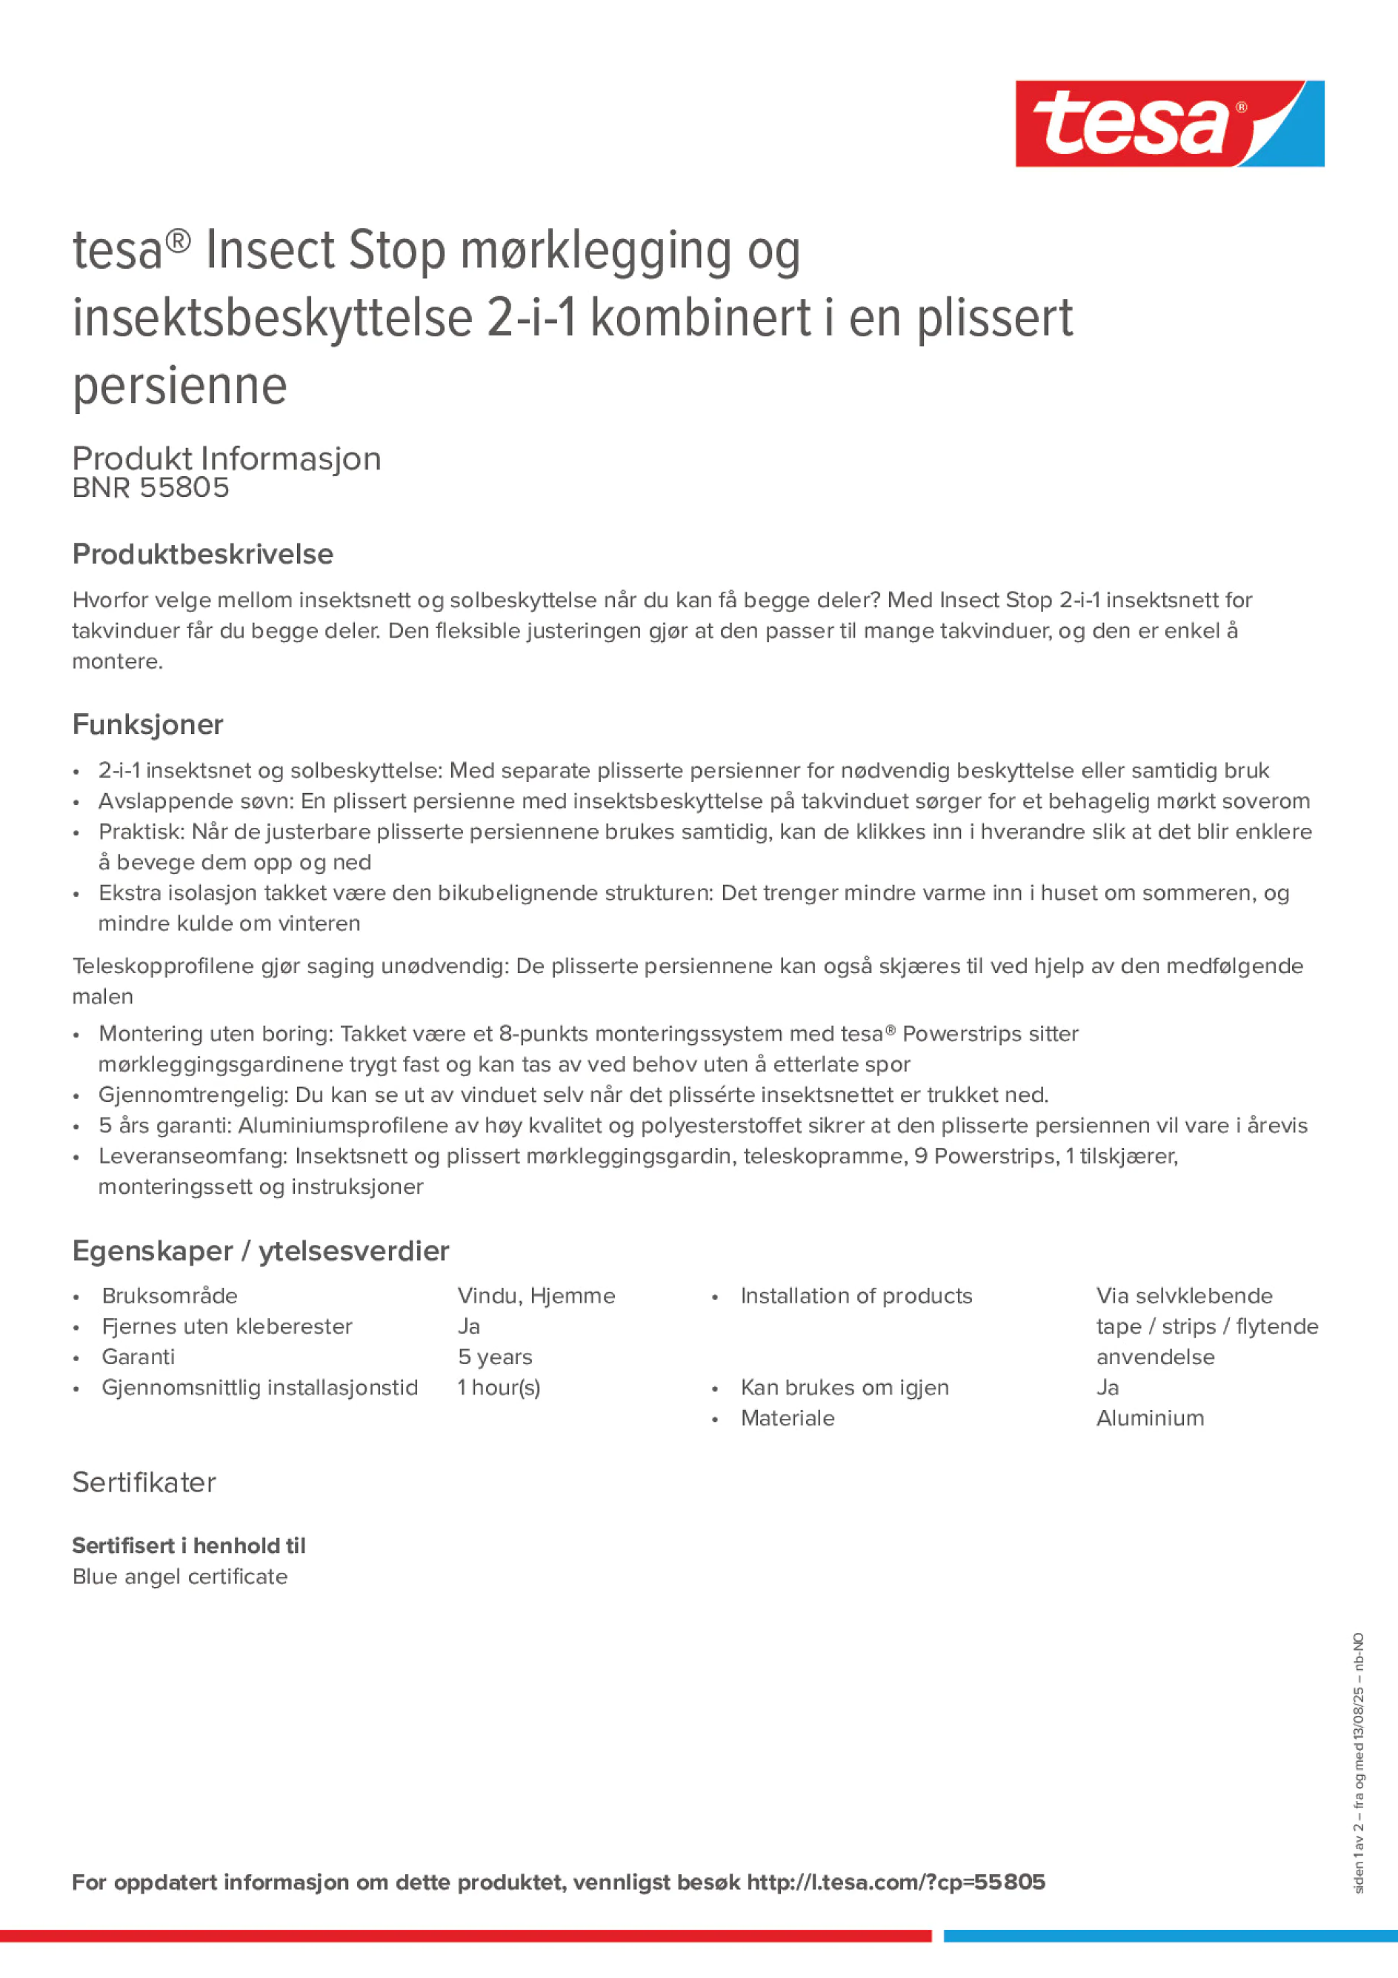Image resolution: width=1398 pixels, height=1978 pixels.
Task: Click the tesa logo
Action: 1169,123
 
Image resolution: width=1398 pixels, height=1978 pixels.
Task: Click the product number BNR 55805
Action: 151,487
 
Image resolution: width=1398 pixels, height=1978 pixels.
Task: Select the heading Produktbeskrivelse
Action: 202,554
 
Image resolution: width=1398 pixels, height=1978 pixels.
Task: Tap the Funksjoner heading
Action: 147,724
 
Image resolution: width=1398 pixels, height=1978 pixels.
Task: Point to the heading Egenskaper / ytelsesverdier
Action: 260,1250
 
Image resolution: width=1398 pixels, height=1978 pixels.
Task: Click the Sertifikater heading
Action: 144,1482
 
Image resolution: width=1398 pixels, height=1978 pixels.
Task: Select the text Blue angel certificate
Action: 180,1576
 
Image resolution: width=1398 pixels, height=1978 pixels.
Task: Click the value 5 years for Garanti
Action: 495,1357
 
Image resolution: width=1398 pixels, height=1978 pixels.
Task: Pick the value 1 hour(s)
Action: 498,1387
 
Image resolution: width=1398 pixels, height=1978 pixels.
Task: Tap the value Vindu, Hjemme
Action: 536,1296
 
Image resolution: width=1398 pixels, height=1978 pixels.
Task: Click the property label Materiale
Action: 787,1418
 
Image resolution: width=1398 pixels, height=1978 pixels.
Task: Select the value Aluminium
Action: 1150,1418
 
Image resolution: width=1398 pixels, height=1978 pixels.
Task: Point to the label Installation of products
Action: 856,1296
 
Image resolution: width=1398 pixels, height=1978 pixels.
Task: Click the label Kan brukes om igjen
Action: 844,1387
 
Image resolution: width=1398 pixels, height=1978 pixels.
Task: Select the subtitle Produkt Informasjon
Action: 227,458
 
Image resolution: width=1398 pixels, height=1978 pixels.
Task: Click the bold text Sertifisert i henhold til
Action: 189,1546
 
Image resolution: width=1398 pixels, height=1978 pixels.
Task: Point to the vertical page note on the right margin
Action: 1359,1762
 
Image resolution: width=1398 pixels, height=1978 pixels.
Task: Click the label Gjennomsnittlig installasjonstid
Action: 259,1387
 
